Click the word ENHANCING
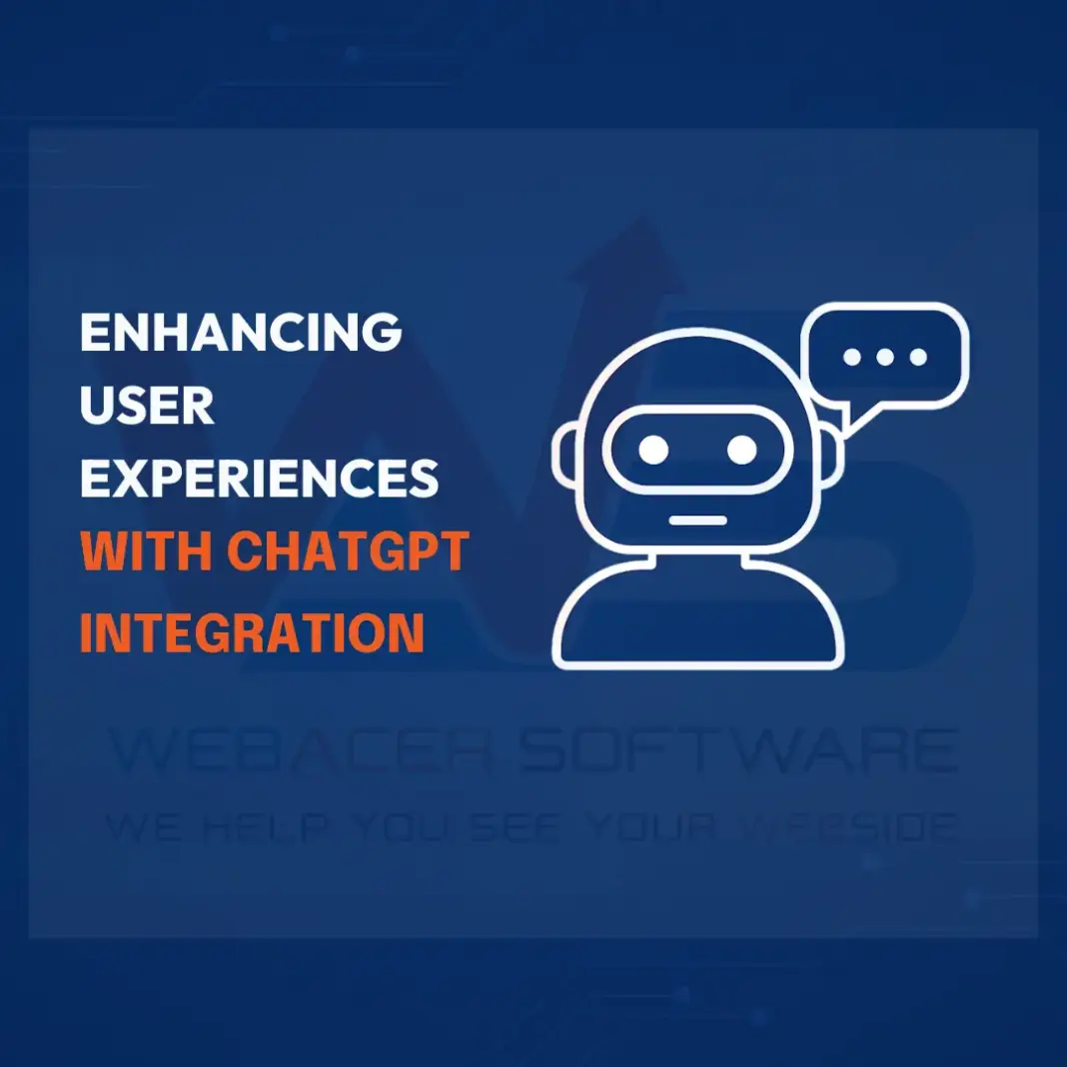click(x=240, y=333)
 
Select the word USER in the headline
click(x=147, y=406)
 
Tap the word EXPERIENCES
click(x=260, y=479)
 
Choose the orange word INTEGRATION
click(x=252, y=631)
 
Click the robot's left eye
click(x=653, y=450)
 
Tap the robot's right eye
click(x=741, y=450)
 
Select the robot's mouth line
click(x=697, y=520)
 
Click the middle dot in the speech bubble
click(x=885, y=357)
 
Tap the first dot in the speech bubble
click(x=852, y=357)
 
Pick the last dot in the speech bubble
click(x=918, y=357)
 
